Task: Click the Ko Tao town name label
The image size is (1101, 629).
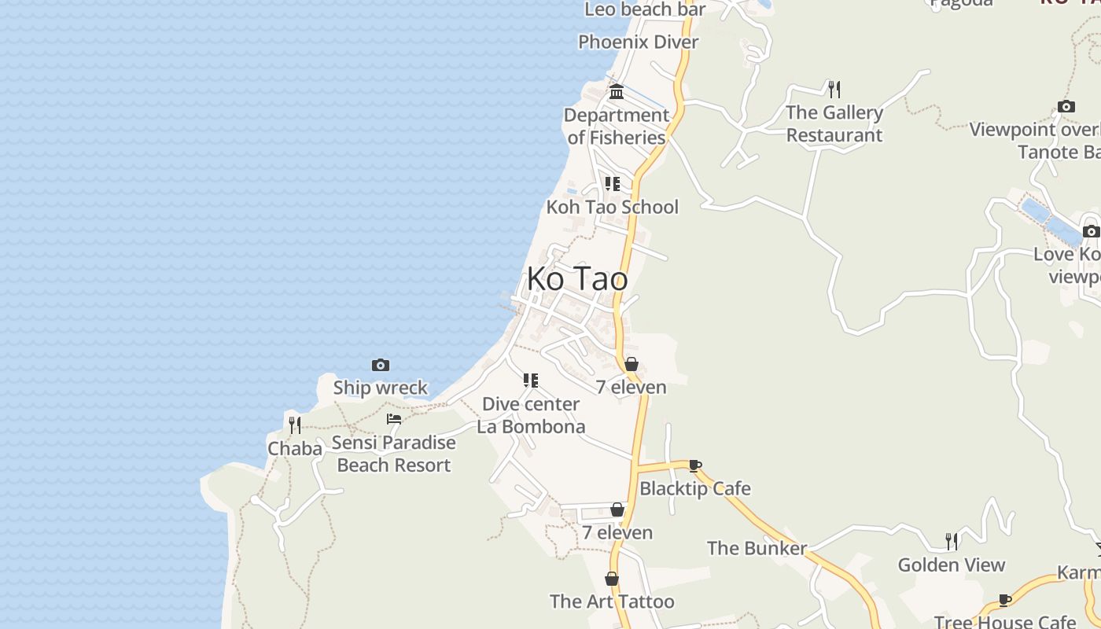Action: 577,278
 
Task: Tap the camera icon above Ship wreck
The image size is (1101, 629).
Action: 381,365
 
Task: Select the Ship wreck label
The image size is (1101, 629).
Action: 381,388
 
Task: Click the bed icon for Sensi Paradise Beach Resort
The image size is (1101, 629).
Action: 394,419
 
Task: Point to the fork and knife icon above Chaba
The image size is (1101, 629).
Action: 294,425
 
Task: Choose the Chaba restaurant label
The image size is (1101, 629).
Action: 295,449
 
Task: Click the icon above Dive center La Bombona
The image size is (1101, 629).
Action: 531,381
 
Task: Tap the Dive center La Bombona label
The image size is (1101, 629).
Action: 531,415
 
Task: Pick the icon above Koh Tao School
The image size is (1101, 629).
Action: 612,184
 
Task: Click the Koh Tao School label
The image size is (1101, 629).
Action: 612,207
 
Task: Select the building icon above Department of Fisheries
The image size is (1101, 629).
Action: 617,91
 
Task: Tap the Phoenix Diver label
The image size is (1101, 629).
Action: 638,42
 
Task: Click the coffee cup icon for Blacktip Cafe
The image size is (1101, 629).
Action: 695,465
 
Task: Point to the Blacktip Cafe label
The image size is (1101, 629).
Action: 695,488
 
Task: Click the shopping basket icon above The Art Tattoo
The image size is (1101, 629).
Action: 612,579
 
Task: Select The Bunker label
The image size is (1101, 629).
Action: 757,548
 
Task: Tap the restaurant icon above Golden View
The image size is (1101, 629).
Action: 952,541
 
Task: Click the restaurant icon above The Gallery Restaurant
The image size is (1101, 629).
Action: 834,89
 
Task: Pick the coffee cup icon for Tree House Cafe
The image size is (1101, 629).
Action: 1005,601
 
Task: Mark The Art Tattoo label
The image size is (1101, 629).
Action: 612,601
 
